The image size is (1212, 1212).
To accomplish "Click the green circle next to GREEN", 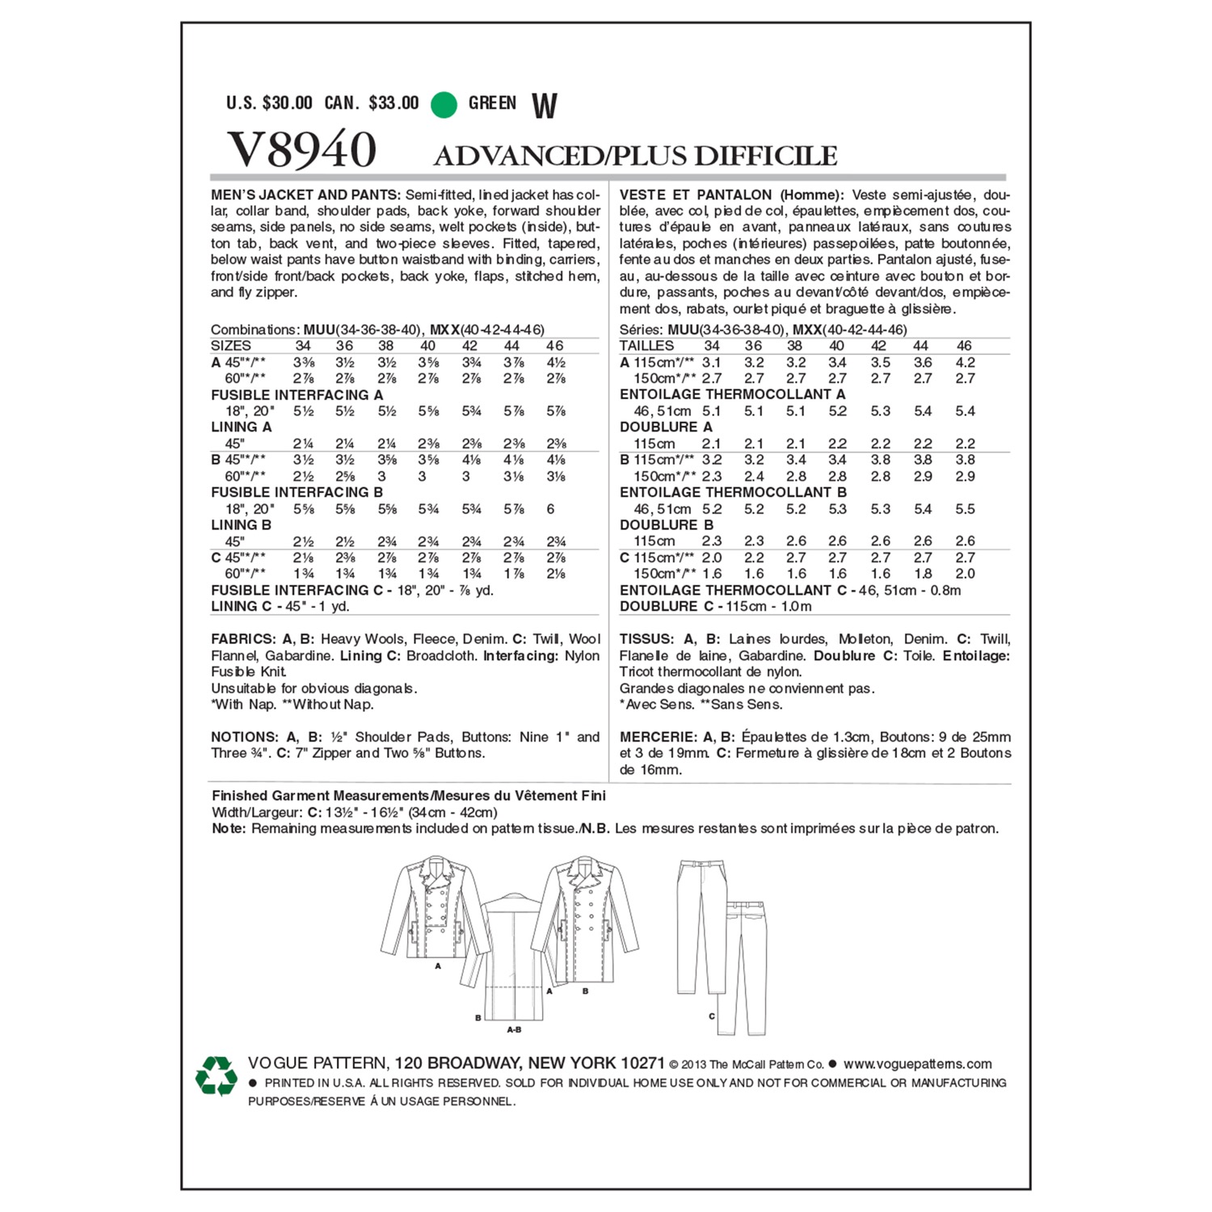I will tap(444, 104).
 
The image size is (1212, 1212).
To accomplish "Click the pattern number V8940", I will tap(302, 149).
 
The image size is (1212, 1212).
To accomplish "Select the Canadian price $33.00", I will tap(393, 103).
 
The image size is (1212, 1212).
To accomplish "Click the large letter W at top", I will tap(545, 106).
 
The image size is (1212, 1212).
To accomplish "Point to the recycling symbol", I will tap(216, 1076).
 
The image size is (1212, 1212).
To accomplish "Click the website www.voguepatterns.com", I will tap(917, 1064).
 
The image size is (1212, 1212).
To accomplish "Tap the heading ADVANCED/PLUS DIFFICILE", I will tap(635, 156).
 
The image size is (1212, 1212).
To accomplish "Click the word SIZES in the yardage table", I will tap(231, 346).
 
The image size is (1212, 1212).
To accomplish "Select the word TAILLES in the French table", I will tap(646, 346).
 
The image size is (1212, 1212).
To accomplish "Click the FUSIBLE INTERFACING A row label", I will tap(297, 395).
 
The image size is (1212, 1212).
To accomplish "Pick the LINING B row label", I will tap(241, 525).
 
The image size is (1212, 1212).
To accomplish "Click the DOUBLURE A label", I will tap(666, 427).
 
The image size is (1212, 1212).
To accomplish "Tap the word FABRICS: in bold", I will tap(243, 639).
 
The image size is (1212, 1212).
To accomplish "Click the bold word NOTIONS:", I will tap(245, 737).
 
